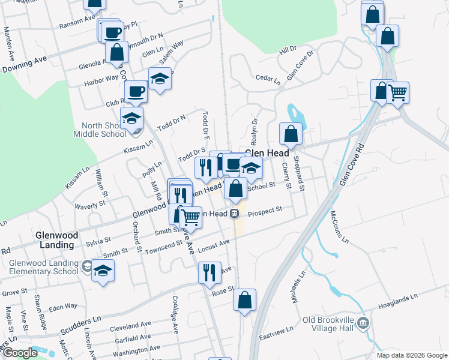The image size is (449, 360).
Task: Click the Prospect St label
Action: pyautogui.click(x=265, y=211)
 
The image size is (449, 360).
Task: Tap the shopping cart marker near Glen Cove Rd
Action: pyautogui.click(x=397, y=93)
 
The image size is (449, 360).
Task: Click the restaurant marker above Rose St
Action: pyautogui.click(x=209, y=272)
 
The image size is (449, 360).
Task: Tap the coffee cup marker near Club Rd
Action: pyautogui.click(x=136, y=91)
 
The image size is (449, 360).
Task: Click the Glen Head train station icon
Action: pyautogui.click(x=236, y=213)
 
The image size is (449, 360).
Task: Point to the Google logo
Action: pyautogui.click(x=20, y=353)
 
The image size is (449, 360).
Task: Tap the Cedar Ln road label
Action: pyautogui.click(x=268, y=79)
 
